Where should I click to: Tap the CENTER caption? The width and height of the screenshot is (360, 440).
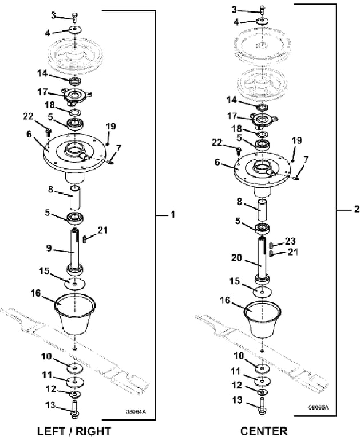[264, 430]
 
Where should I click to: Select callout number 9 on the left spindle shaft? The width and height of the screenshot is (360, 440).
[50, 248]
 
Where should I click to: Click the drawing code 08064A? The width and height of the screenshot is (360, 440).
[136, 411]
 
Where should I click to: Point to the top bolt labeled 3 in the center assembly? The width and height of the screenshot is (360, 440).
[262, 10]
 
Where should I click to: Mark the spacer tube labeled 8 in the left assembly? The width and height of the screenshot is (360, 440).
[75, 197]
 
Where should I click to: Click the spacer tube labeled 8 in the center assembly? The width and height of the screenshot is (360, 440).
[262, 210]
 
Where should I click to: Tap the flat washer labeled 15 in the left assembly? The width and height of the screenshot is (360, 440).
[75, 284]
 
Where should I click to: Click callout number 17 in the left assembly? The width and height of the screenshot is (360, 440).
[43, 91]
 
